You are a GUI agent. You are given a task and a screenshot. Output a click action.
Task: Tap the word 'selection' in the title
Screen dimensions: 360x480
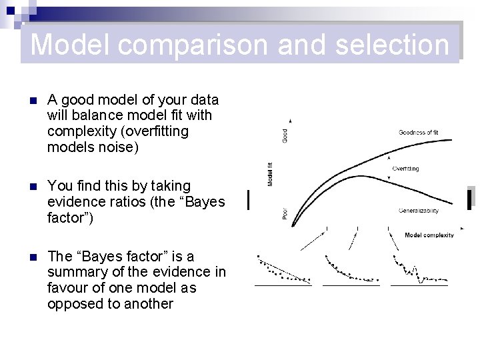coord(392,45)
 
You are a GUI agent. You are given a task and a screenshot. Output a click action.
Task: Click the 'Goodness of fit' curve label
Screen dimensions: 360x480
coord(418,133)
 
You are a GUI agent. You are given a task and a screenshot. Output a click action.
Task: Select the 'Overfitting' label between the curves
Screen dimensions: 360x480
coord(405,169)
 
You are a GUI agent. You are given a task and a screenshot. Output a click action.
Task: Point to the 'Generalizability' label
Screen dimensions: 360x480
coord(418,211)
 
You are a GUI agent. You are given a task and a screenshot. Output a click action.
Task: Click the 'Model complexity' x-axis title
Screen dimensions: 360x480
coord(429,235)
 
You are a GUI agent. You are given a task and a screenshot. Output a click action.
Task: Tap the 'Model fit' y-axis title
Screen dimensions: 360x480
coord(270,174)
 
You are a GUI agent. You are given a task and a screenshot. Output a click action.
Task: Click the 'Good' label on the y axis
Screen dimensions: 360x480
coord(285,135)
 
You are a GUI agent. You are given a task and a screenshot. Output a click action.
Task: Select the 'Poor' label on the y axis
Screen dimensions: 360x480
coord(285,213)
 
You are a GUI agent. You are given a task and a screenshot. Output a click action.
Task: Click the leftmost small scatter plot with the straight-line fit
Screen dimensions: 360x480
coord(283,271)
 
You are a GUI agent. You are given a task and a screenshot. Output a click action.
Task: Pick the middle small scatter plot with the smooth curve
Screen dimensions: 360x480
coord(351,271)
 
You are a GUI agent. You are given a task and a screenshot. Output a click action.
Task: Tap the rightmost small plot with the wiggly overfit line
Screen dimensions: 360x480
coord(419,271)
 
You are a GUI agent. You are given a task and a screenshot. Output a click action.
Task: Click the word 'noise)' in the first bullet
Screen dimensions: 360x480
coord(116,147)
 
